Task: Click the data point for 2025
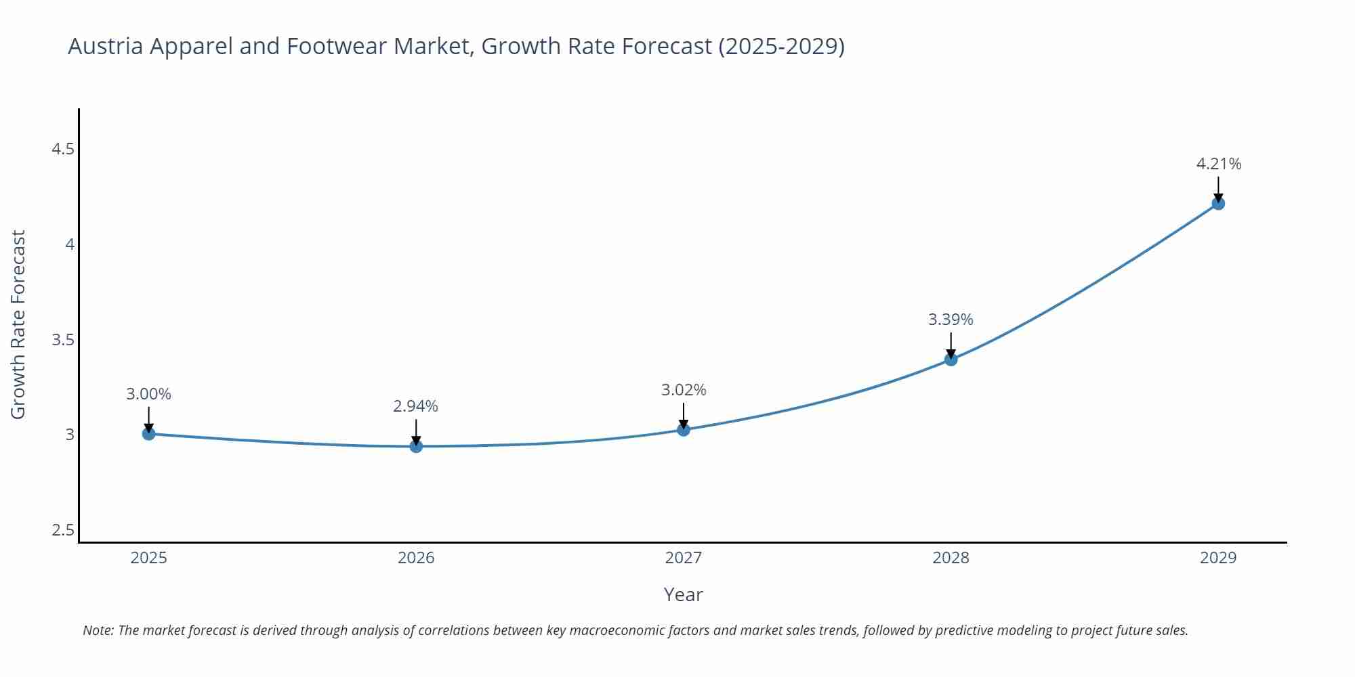coord(149,433)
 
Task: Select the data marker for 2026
coord(416,446)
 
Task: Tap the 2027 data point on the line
coord(684,429)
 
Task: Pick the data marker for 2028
coord(951,359)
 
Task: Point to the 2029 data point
coord(1218,203)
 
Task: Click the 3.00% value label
coord(149,394)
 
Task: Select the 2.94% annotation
coord(416,406)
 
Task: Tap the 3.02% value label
coord(684,390)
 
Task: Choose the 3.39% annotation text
coord(951,320)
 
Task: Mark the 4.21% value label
coord(1218,164)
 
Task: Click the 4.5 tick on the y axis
coord(63,149)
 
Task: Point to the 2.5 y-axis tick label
coord(63,530)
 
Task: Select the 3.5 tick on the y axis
coord(63,340)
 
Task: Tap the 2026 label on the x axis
coord(416,558)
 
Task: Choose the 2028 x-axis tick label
coord(951,558)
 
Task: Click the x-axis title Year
coord(683,594)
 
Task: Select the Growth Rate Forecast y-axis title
coord(18,325)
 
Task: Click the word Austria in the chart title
coord(105,47)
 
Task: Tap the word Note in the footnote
coord(98,630)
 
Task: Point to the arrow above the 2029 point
coord(1218,188)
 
